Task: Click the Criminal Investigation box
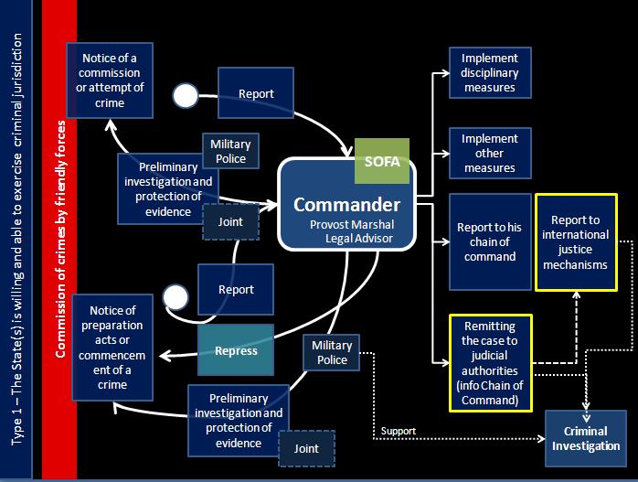(x=585, y=437)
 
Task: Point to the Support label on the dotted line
(x=398, y=431)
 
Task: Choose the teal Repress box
(x=236, y=349)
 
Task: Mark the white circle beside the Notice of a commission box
(x=186, y=94)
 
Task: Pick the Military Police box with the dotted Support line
(x=331, y=353)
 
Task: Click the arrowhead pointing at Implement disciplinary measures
(x=445, y=72)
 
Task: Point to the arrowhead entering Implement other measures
(x=445, y=154)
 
